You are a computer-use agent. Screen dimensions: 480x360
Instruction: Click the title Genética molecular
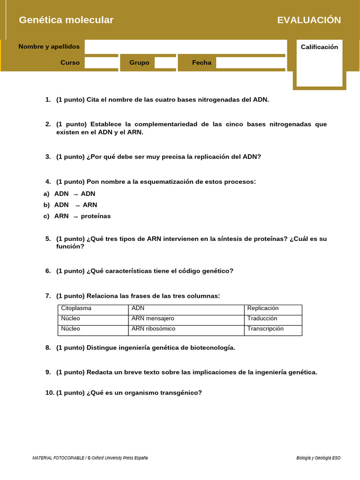66,20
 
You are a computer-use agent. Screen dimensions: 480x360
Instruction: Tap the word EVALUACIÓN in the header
309,20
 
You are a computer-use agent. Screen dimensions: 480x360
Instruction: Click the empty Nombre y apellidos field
185,47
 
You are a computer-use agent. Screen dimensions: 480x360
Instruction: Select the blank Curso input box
101,63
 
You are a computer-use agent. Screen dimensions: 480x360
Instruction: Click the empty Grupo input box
165,63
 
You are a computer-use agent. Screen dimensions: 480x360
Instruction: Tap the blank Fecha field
250,63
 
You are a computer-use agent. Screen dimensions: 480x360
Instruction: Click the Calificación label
319,47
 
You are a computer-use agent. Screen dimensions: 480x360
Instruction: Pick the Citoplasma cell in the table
76,308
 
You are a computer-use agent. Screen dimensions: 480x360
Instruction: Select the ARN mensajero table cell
153,319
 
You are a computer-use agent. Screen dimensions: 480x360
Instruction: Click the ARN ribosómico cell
153,329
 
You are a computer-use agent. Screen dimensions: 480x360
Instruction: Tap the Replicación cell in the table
263,308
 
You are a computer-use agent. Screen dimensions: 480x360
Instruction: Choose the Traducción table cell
262,319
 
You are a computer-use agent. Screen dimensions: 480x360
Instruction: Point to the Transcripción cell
265,329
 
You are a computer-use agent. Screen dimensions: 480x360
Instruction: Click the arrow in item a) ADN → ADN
75,194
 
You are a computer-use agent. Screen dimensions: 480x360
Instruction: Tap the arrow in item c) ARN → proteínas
75,217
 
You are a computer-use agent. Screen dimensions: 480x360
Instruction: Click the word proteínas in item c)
96,216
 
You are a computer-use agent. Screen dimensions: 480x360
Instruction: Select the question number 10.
50,393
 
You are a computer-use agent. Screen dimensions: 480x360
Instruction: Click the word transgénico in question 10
181,393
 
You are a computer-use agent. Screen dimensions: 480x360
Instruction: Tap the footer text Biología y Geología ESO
318,458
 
